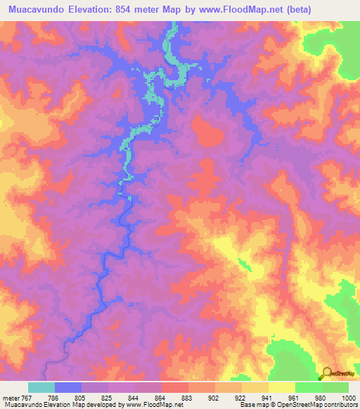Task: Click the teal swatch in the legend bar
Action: [x=41, y=387]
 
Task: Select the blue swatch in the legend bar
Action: [x=68, y=387]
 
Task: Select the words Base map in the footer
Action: [x=250, y=405]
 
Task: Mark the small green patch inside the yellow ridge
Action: [x=243, y=264]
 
